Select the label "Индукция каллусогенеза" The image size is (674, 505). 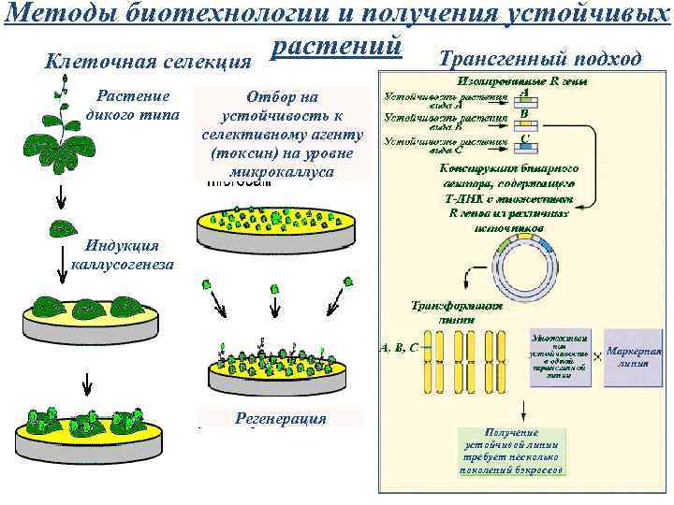click(x=122, y=254)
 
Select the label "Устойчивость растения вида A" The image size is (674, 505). click(x=447, y=101)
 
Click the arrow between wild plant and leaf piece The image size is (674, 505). click(x=58, y=195)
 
